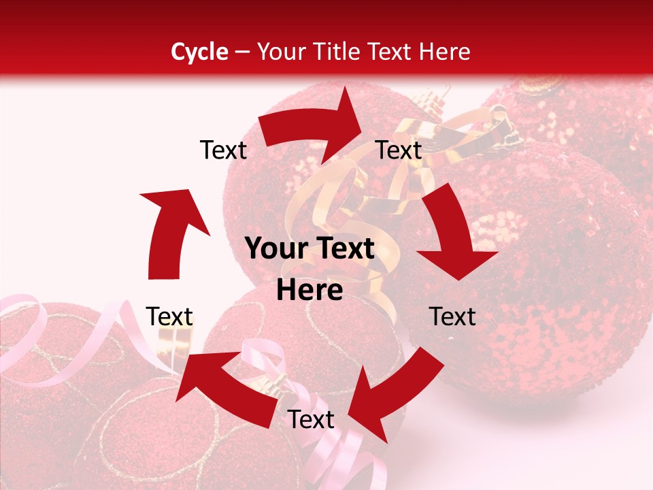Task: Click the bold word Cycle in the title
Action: point(199,52)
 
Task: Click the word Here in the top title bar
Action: point(445,52)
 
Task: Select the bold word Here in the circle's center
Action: point(309,290)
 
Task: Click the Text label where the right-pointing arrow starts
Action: point(223,150)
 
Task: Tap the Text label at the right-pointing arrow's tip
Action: point(399,150)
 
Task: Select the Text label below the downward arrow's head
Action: point(452,316)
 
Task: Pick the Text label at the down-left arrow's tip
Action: point(311,420)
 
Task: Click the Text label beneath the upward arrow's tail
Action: point(169,316)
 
